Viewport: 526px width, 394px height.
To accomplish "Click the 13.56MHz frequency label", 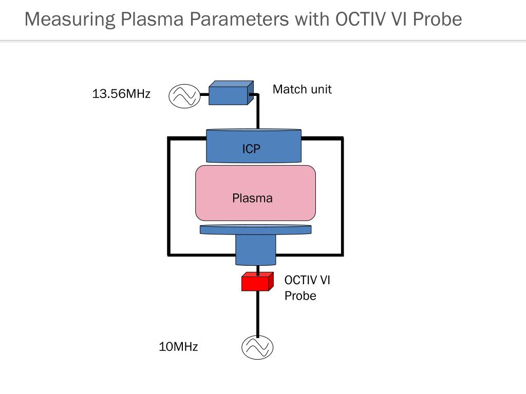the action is click(x=121, y=93).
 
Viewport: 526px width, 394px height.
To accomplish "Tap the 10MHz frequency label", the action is click(x=178, y=346).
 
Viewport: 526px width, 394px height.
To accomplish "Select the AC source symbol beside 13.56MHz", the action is click(x=184, y=96).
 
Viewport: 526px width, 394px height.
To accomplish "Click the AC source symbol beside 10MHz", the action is click(x=257, y=347).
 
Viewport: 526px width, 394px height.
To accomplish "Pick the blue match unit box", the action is click(x=231, y=93).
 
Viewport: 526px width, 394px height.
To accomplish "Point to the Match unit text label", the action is click(x=302, y=89).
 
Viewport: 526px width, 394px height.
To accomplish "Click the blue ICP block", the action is click(x=254, y=146).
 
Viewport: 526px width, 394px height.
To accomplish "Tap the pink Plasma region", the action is click(x=256, y=193).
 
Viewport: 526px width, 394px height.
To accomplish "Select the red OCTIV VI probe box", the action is click(x=257, y=282).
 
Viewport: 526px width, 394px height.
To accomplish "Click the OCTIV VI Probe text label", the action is click(x=307, y=288).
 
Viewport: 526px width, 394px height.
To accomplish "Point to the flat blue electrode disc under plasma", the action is click(x=256, y=229).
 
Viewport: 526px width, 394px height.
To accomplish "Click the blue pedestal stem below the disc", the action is click(x=256, y=250).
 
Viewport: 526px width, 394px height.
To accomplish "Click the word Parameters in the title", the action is click(x=239, y=19).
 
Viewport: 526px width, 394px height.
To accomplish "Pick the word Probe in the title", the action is click(x=438, y=19).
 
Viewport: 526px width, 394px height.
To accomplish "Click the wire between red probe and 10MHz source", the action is click(x=258, y=313).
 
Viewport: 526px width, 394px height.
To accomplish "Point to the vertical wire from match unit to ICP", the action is click(x=258, y=112).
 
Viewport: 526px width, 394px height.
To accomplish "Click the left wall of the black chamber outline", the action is click(x=168, y=196).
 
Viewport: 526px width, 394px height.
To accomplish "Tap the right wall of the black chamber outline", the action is click(x=342, y=196).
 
